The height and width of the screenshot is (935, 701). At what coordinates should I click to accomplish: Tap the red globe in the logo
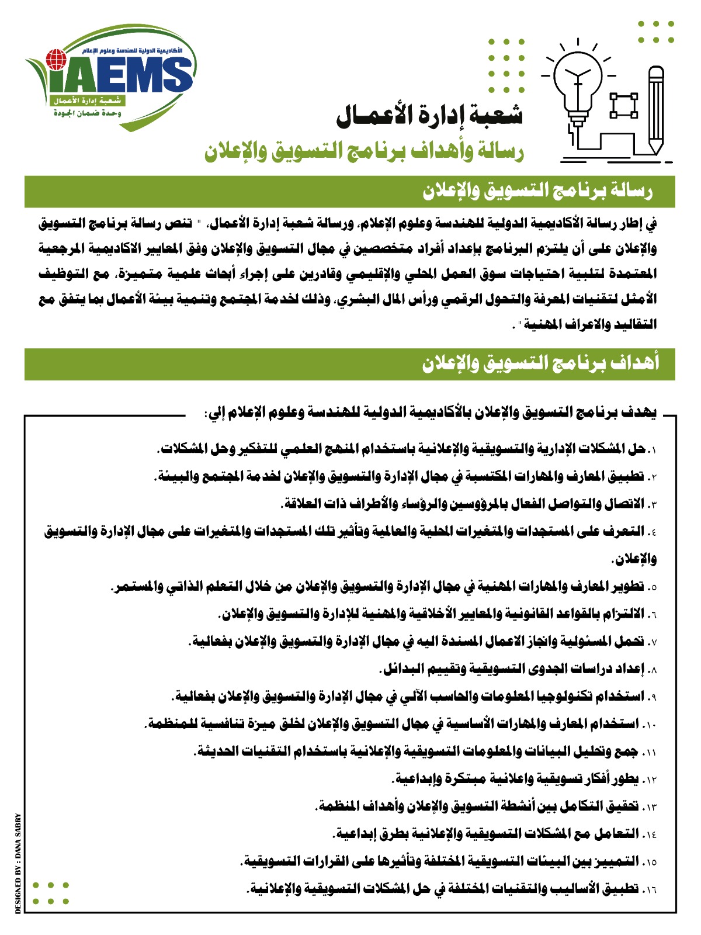(56, 59)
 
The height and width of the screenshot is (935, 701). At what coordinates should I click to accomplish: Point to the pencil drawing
(656, 111)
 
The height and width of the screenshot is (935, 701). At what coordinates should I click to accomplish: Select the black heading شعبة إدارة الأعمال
(429, 116)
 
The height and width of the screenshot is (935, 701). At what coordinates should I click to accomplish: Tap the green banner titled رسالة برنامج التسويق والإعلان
(349, 192)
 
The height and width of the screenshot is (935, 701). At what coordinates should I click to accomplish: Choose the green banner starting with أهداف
(349, 364)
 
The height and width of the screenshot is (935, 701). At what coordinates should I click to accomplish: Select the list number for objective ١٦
(650, 890)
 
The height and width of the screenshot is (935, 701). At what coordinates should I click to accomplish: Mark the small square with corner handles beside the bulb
(623, 105)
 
